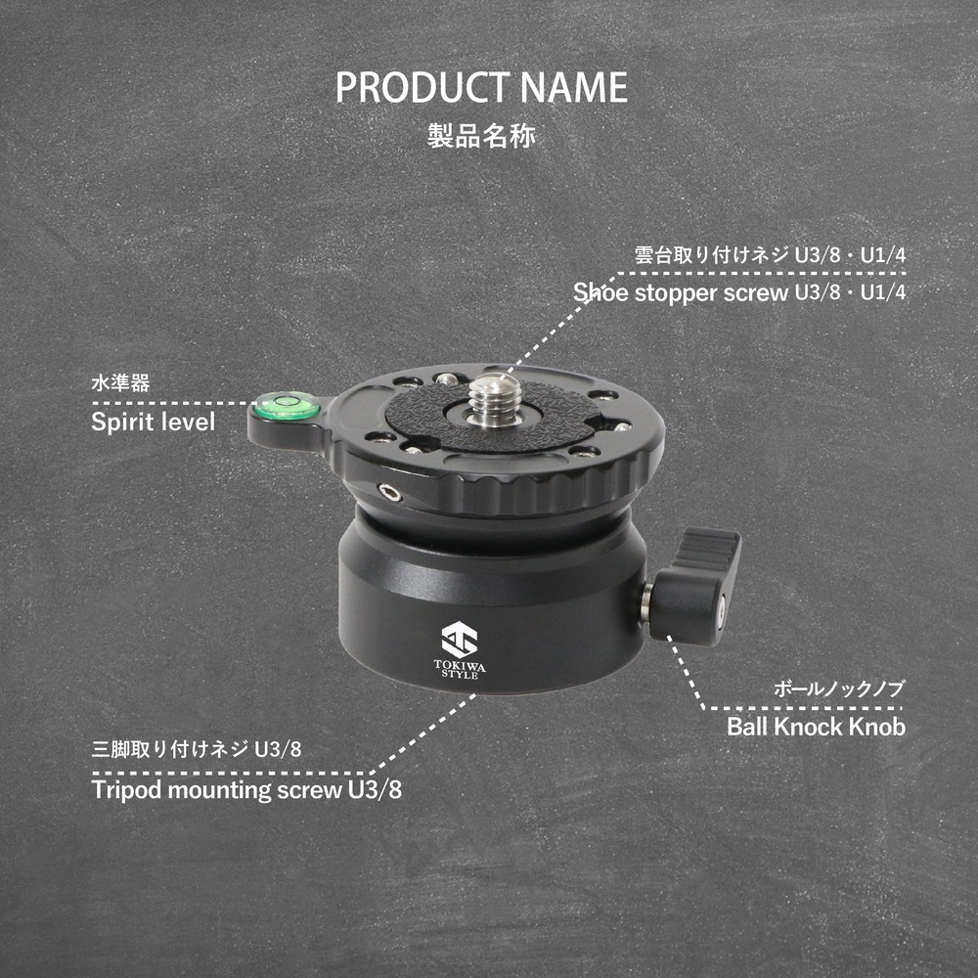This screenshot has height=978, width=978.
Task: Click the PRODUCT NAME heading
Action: click(x=481, y=87)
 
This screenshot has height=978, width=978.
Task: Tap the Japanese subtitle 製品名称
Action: click(x=481, y=135)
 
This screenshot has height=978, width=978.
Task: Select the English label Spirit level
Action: click(x=153, y=422)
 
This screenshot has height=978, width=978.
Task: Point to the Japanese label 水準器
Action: click(x=120, y=382)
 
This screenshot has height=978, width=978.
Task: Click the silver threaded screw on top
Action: click(x=495, y=399)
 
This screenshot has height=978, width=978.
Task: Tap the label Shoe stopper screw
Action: click(x=681, y=292)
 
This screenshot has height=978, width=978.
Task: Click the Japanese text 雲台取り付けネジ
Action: click(x=712, y=254)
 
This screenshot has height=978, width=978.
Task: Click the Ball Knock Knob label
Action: click(x=816, y=727)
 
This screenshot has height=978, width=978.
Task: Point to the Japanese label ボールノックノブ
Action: click(x=839, y=689)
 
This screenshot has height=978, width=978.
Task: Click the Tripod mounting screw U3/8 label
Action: click(x=246, y=789)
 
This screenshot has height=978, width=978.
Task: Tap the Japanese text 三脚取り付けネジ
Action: click(x=169, y=749)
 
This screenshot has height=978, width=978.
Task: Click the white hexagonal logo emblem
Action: click(x=459, y=640)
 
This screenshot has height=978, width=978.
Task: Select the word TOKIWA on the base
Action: click(x=460, y=665)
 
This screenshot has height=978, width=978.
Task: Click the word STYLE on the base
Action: click(x=460, y=674)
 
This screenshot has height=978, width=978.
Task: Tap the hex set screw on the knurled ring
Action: click(x=390, y=493)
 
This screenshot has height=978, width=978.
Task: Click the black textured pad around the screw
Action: click(x=493, y=415)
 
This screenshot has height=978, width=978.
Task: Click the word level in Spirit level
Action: click(x=186, y=422)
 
